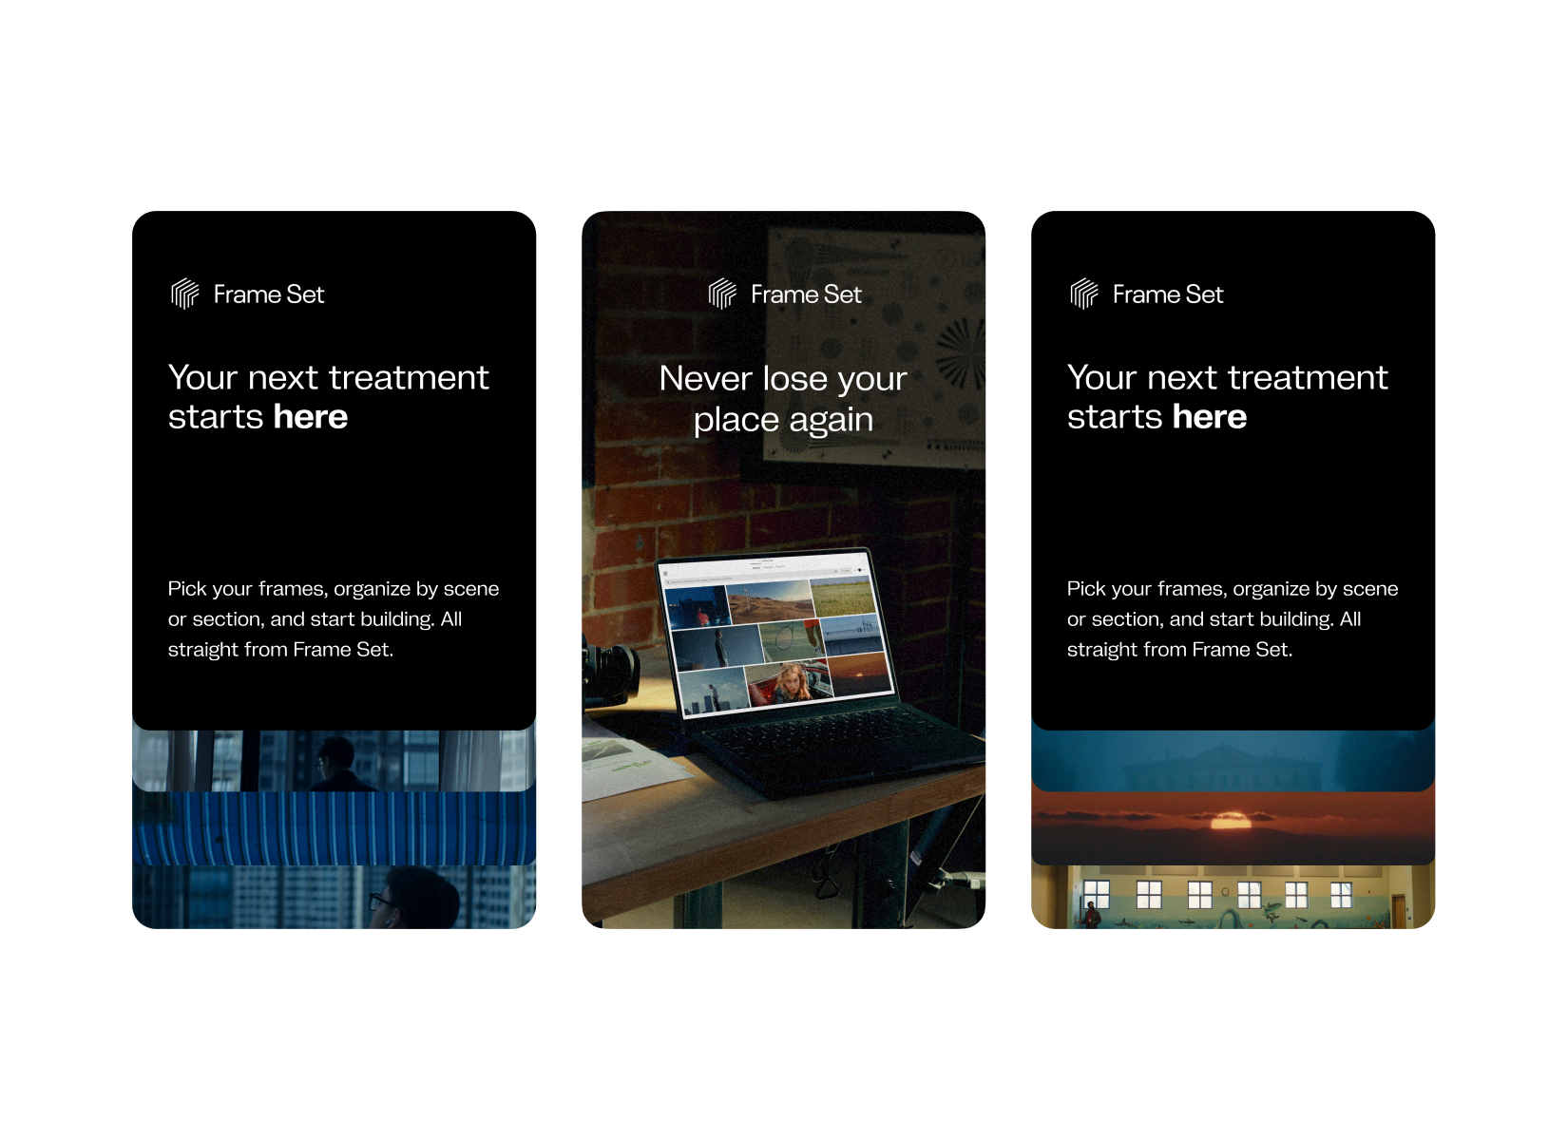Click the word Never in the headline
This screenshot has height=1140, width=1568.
[705, 379]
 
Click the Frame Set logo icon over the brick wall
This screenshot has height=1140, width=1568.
[721, 294]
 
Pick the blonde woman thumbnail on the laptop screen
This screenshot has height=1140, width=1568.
[791, 682]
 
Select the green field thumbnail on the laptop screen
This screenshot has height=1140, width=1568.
[844, 598]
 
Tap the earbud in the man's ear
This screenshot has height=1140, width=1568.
[386, 923]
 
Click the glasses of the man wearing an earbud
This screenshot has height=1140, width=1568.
[380, 901]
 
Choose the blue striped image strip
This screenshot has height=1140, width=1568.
[334, 827]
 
